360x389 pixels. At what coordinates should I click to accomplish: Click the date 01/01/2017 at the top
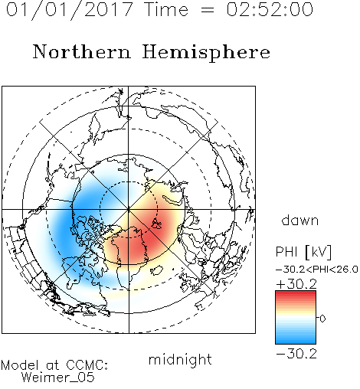click(x=70, y=10)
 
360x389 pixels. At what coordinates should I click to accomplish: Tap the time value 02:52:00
click(x=270, y=10)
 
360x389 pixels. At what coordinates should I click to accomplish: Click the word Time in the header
click(x=166, y=10)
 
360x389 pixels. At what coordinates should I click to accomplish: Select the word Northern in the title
click(x=81, y=51)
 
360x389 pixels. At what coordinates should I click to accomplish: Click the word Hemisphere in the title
click(x=206, y=53)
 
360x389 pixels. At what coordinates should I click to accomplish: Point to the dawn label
click(x=300, y=220)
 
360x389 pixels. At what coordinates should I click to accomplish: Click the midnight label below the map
click(x=180, y=360)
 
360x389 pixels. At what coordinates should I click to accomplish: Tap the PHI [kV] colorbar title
click(x=303, y=252)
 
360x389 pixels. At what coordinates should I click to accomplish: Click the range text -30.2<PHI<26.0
click(x=317, y=270)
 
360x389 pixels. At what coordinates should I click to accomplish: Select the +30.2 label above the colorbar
click(x=296, y=284)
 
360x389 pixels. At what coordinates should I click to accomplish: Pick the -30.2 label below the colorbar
click(x=296, y=354)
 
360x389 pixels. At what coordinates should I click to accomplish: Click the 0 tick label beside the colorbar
click(x=322, y=319)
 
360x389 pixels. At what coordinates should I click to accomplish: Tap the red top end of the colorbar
click(x=296, y=293)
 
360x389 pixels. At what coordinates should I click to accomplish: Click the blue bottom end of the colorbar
click(x=296, y=342)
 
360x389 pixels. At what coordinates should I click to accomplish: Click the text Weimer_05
click(x=58, y=378)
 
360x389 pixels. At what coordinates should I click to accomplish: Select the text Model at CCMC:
click(x=54, y=365)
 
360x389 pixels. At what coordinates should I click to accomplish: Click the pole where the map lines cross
click(x=129, y=209)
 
